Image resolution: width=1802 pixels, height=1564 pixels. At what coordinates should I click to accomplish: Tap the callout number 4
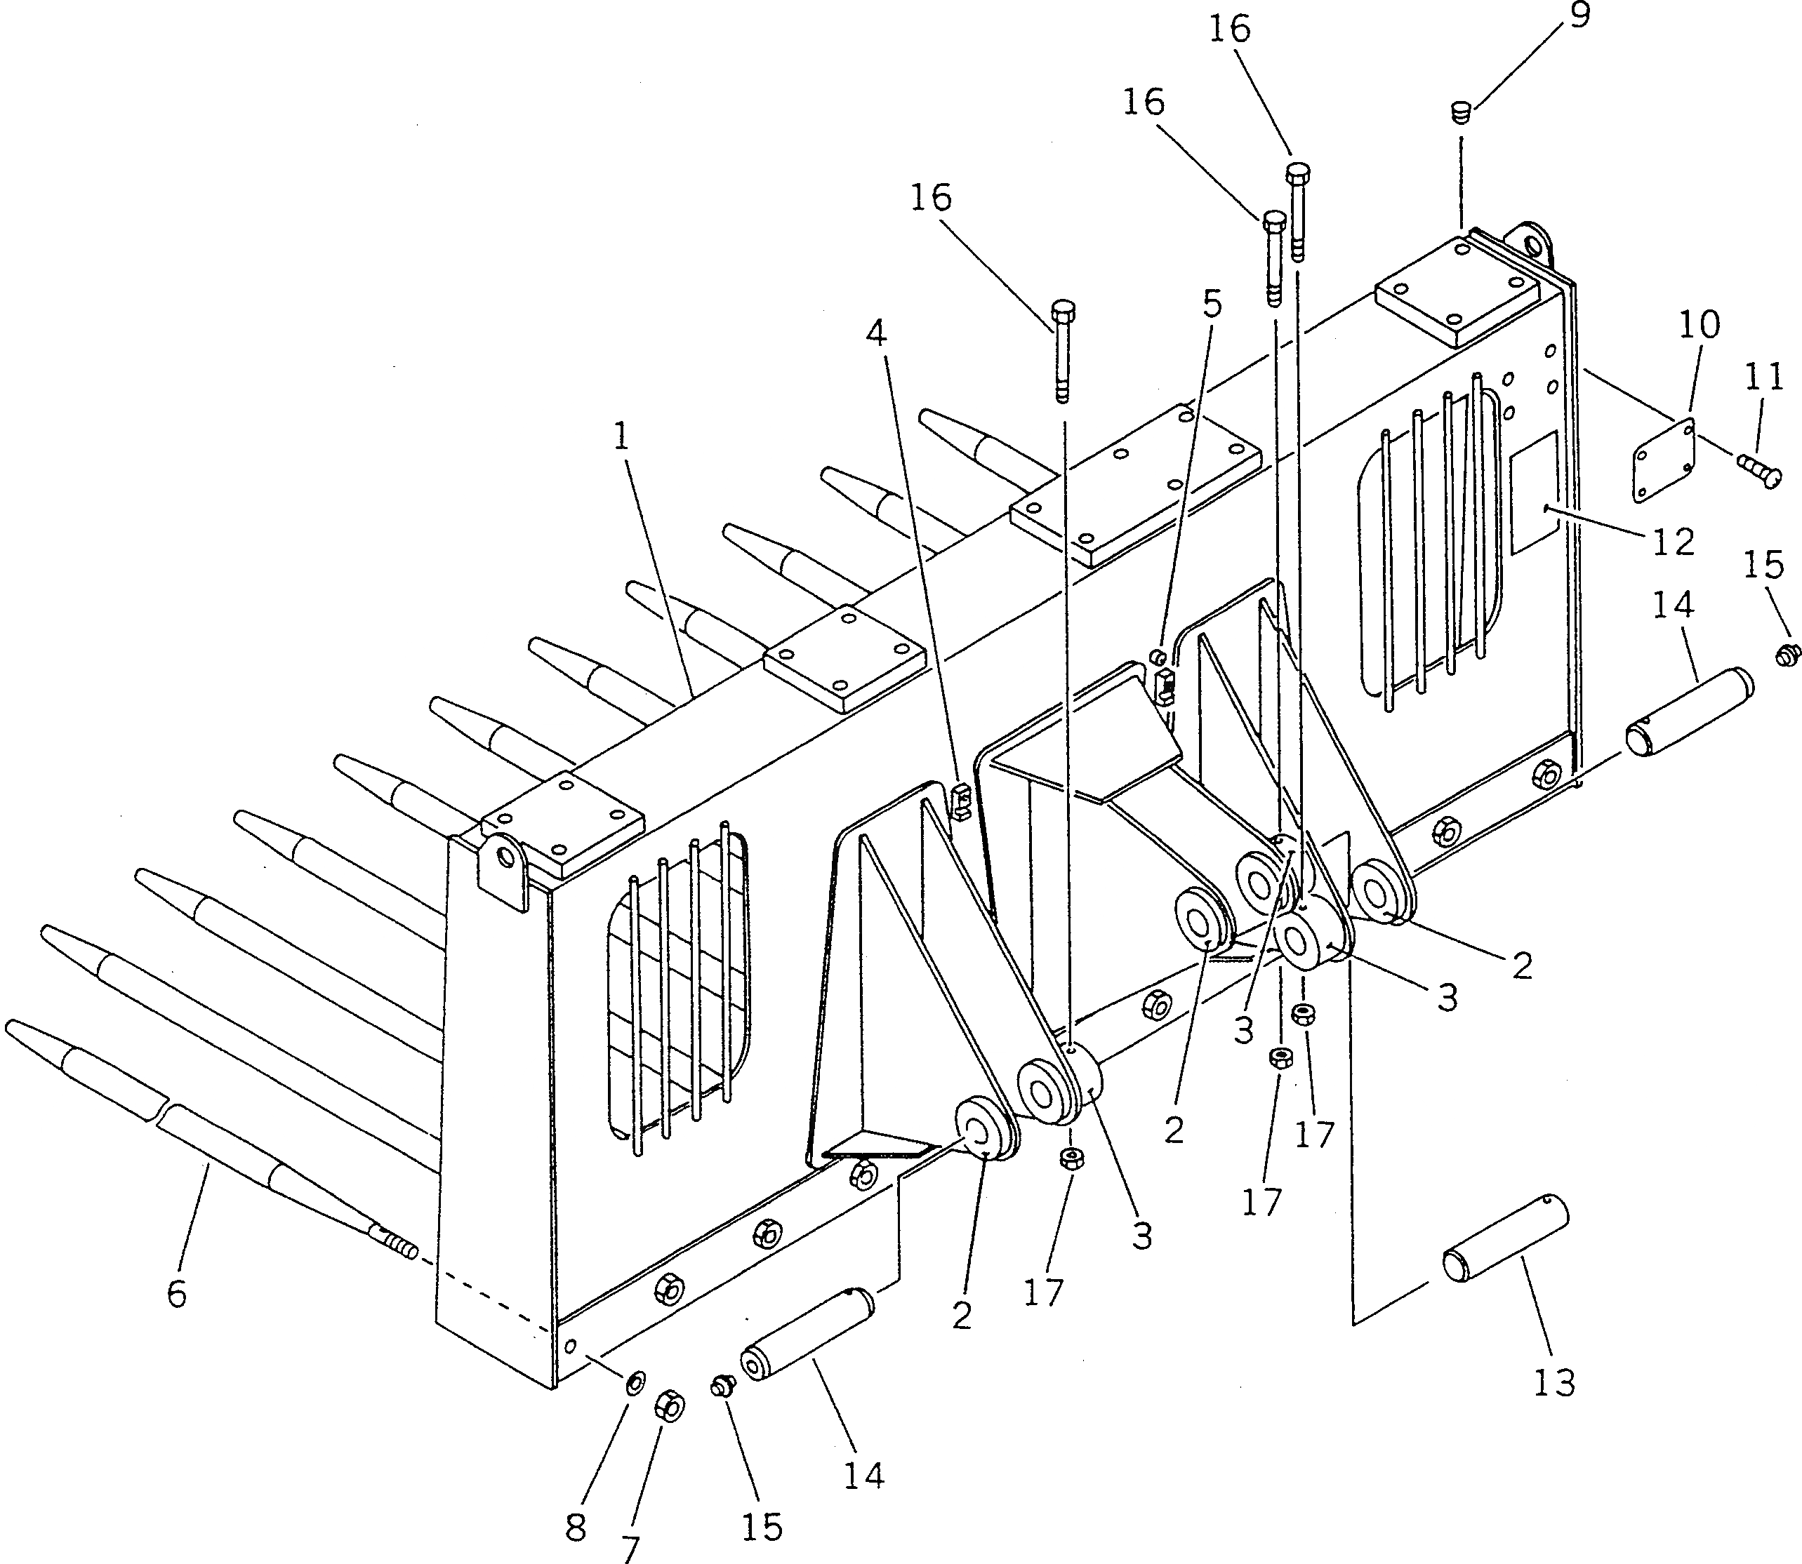[x=877, y=333]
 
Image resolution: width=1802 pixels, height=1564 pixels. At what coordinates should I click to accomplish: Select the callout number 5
[x=1212, y=305]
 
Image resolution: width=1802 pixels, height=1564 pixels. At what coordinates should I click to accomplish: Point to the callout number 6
[x=177, y=1295]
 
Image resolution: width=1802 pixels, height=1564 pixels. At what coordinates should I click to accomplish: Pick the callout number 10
[x=1699, y=326]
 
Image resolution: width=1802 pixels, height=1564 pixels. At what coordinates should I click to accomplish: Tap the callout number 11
[x=1763, y=378]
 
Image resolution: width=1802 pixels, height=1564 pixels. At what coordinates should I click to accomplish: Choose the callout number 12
[x=1673, y=542]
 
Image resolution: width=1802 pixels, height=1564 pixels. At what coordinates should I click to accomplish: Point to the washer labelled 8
[x=635, y=1382]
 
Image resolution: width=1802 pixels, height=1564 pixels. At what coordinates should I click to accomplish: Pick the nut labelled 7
[x=670, y=1406]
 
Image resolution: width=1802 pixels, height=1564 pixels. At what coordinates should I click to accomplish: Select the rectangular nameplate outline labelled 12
[x=1534, y=493]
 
